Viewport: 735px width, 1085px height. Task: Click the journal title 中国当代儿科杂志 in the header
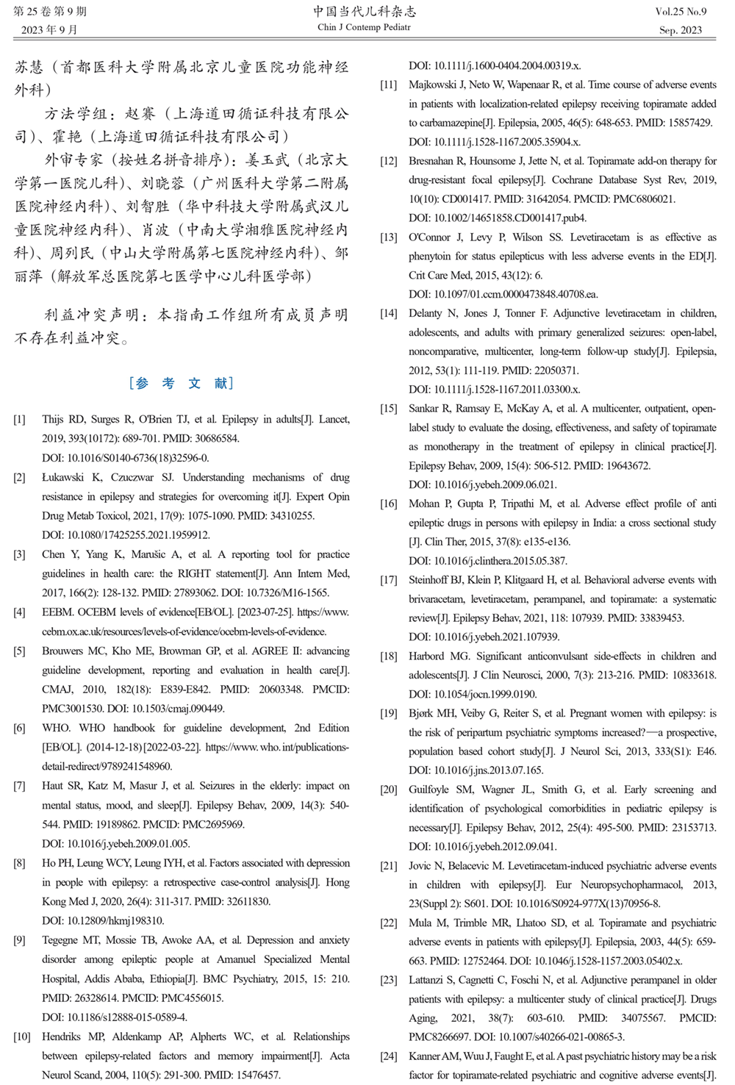click(364, 11)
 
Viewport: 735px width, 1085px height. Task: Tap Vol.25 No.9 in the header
click(680, 12)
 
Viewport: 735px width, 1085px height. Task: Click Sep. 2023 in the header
click(680, 30)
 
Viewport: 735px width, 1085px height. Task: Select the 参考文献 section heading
click(182, 383)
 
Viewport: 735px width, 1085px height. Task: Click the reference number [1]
click(19, 420)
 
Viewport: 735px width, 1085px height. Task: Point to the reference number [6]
click(19, 728)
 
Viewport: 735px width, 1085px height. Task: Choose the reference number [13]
click(388, 238)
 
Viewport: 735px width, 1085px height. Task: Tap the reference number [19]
click(388, 714)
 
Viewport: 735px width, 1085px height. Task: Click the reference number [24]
click(388, 1056)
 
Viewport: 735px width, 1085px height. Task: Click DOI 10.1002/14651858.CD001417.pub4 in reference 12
click(498, 218)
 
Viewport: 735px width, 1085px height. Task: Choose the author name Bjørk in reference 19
click(422, 714)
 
